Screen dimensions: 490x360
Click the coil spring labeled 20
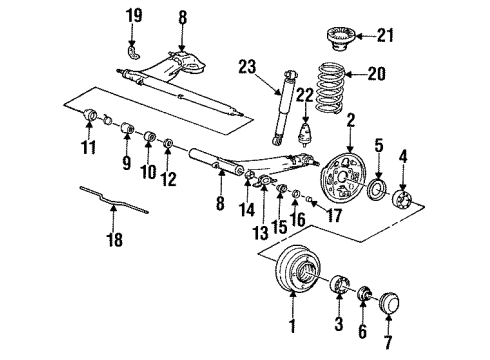tap(330, 87)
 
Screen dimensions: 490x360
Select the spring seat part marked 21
tap(341, 39)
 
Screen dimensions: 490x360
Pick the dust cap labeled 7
tap(389, 303)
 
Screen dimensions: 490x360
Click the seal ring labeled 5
tap(377, 189)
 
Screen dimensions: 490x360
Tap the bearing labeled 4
tap(401, 198)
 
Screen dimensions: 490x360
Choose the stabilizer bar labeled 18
tap(114, 200)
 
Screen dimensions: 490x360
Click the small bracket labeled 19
tap(134, 53)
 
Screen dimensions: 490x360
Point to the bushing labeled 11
tap(89, 115)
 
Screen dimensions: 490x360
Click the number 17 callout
tap(333, 215)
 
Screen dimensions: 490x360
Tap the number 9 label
tap(126, 163)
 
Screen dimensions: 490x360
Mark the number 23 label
tap(247, 67)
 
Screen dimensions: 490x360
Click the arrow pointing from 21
tap(366, 35)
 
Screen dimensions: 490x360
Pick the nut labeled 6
tap(363, 292)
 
